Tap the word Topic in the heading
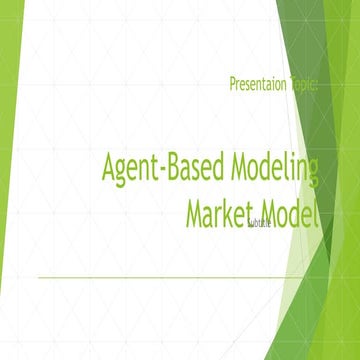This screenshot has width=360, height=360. point(303,87)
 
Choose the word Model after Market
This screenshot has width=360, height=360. point(290,213)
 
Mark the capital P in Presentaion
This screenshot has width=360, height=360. point(233,87)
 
